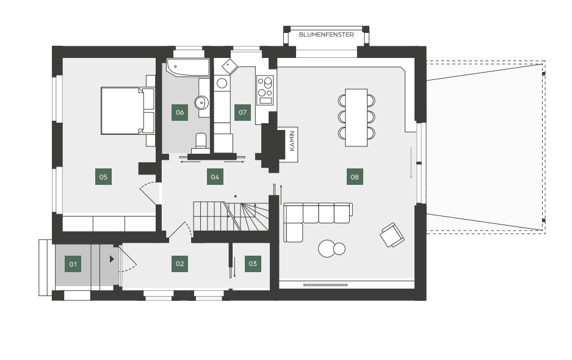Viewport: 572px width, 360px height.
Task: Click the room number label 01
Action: (x=73, y=264)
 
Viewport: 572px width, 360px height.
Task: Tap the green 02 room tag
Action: (x=180, y=264)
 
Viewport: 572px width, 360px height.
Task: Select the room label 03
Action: (x=253, y=264)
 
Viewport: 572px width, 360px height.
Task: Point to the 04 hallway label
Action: (x=215, y=177)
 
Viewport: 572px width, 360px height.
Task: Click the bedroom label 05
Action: (x=103, y=177)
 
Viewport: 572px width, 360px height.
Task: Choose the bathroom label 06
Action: (x=180, y=112)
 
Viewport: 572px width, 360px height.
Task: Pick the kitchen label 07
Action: (x=242, y=112)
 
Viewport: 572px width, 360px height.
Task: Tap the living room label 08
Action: (x=355, y=177)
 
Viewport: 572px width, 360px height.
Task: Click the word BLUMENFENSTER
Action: (x=327, y=35)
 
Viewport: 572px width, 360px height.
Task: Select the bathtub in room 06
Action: (x=188, y=68)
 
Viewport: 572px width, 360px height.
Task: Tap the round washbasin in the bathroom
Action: (x=201, y=103)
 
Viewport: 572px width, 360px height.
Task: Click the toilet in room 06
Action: (x=201, y=143)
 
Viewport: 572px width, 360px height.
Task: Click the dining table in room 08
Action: (x=356, y=117)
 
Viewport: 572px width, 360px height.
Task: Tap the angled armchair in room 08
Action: (x=392, y=236)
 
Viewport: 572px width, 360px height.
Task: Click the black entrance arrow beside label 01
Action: (x=112, y=259)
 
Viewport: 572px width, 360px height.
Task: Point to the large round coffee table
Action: (x=327, y=249)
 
